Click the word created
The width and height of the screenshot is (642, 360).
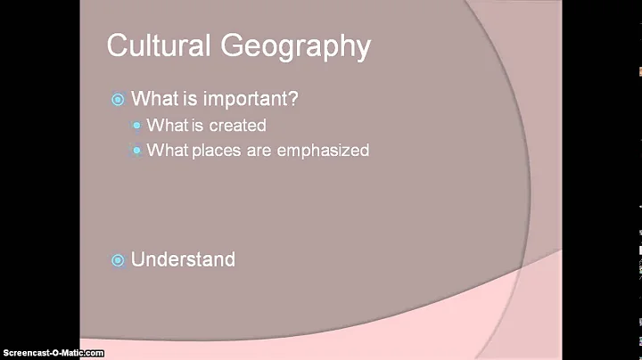pos(237,126)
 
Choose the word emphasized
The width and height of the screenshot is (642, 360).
pos(323,151)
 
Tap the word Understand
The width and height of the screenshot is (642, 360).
pos(183,259)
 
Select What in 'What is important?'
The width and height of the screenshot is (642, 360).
pos(152,99)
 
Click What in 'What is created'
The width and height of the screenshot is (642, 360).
pos(167,126)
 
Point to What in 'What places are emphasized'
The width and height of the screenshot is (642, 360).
pos(167,151)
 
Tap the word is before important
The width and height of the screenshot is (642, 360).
pos(185,99)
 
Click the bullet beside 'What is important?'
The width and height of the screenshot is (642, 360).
pos(118,100)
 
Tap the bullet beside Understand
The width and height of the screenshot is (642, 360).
pos(118,260)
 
